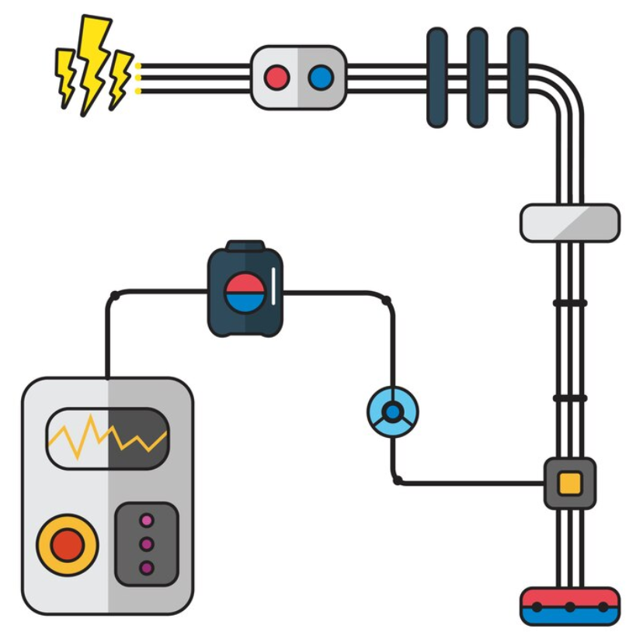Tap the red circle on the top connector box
click(x=276, y=78)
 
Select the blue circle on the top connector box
click(x=320, y=78)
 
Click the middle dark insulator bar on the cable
click(x=478, y=77)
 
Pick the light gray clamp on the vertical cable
click(x=569, y=223)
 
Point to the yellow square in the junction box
click(x=570, y=483)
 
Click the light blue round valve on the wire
click(x=392, y=411)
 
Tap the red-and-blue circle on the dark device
click(x=245, y=292)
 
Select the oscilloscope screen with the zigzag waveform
click(x=107, y=439)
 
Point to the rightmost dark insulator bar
click(x=518, y=77)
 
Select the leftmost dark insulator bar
click(x=437, y=77)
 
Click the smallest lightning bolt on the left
click(x=66, y=74)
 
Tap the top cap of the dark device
click(x=245, y=247)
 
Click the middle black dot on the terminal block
click(x=569, y=606)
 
